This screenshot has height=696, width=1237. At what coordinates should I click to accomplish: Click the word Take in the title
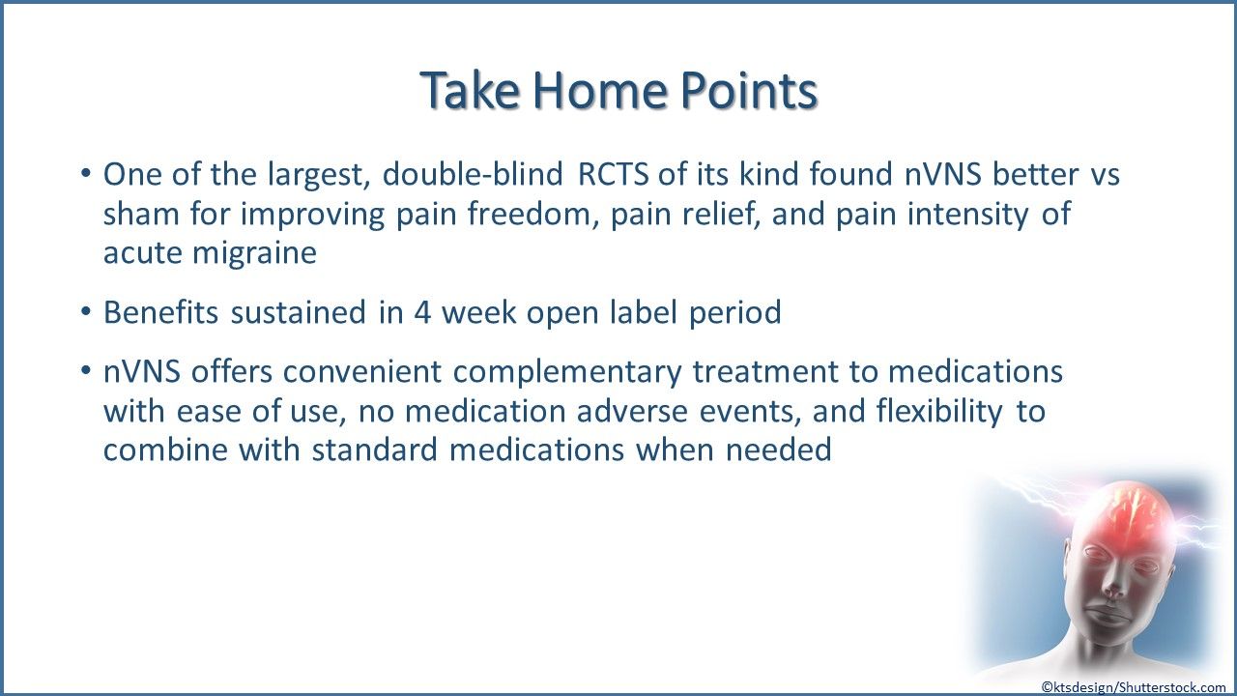tap(470, 90)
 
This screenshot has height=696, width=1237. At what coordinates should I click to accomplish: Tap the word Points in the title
tap(748, 90)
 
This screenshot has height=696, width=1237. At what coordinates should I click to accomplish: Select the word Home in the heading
tap(600, 90)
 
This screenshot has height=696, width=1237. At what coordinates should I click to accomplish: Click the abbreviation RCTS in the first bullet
tap(613, 174)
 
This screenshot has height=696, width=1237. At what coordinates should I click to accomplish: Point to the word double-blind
tap(473, 174)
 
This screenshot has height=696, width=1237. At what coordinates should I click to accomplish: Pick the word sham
tap(141, 214)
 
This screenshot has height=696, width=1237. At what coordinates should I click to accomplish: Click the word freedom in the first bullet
tap(532, 214)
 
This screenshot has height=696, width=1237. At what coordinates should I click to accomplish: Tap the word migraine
tap(254, 254)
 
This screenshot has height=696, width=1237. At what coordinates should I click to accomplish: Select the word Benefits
tap(160, 312)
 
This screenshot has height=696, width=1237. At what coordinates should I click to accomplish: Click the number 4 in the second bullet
tap(422, 312)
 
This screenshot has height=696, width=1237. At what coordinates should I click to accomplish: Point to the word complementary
tap(567, 372)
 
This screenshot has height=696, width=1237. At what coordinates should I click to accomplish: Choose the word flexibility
tap(939, 412)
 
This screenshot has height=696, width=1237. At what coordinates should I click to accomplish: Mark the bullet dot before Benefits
tap(86, 311)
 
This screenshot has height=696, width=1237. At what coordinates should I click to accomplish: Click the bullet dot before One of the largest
tap(86, 173)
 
